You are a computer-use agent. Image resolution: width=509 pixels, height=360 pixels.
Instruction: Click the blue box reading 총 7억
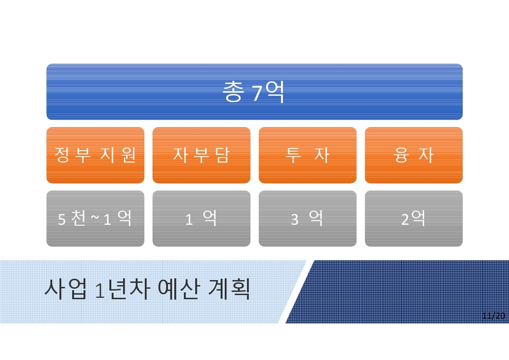tap(254, 92)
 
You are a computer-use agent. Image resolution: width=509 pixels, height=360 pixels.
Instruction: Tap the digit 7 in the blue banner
tap(257, 93)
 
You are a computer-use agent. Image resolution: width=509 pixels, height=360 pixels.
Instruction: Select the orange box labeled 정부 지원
tap(95, 155)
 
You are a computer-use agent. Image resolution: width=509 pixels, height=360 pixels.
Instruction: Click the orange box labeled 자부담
tap(202, 155)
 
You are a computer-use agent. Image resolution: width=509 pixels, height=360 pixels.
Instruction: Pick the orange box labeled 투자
tap(308, 155)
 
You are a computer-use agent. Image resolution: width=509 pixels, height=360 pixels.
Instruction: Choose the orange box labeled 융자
tap(414, 155)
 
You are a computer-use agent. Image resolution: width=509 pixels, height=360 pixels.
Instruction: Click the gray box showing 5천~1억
tap(95, 218)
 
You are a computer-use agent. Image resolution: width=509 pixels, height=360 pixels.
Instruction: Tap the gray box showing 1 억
tap(202, 218)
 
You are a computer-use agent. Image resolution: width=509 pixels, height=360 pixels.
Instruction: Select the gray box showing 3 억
tap(308, 218)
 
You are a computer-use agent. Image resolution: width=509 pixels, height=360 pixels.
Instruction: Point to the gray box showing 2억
tap(414, 218)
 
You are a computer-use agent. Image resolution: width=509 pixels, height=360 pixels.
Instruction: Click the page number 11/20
tap(494, 316)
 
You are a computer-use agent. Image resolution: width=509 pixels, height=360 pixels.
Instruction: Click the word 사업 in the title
tap(65, 289)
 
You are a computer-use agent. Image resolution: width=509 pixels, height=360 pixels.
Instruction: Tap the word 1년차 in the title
tap(123, 289)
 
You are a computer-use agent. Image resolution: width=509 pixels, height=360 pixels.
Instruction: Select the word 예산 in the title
tap(178, 289)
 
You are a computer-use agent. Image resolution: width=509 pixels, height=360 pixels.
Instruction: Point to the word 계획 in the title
tap(228, 289)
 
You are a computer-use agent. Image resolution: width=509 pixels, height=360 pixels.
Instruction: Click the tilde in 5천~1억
tap(95, 217)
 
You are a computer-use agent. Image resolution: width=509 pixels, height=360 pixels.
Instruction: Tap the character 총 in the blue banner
tap(233, 91)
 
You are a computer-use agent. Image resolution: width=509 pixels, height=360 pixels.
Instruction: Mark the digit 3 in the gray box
tap(294, 219)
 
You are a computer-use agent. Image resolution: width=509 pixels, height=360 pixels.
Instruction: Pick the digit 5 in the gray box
tap(62, 219)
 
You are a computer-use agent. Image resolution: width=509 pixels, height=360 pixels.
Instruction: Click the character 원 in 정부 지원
tap(128, 154)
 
